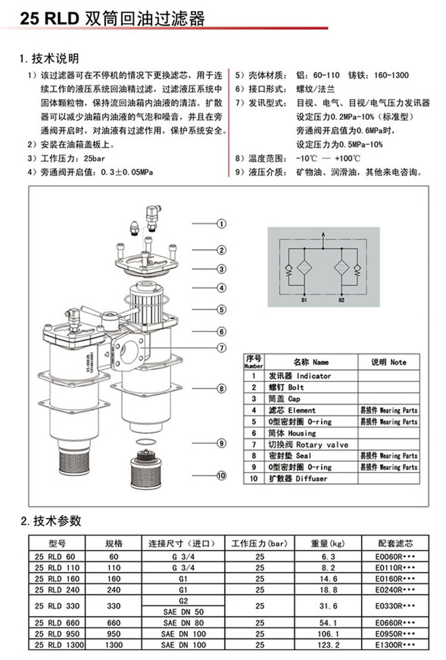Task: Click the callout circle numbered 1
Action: point(221,224)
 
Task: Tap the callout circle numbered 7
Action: point(221,348)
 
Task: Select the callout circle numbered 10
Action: point(221,475)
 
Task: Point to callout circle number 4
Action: point(221,288)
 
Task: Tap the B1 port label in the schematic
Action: point(303,301)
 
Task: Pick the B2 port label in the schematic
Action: point(341,301)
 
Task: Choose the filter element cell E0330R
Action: point(395,605)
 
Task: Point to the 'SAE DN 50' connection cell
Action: point(183,611)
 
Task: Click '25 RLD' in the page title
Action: point(50,18)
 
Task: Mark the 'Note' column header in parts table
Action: point(389,362)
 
